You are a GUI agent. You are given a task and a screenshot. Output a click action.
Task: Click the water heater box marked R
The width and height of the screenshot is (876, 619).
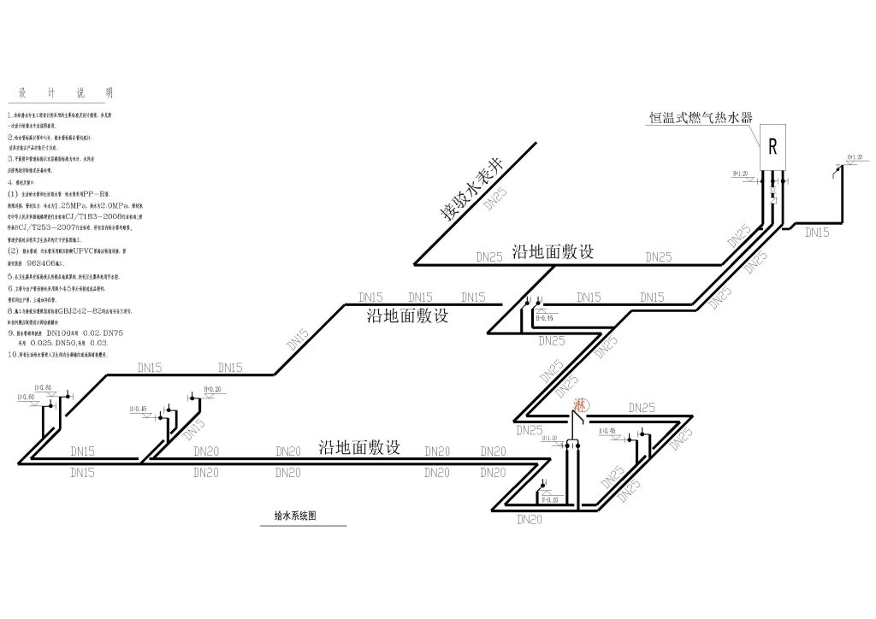coord(772,147)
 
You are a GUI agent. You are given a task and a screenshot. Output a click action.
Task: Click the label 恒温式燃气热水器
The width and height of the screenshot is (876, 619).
coord(700,118)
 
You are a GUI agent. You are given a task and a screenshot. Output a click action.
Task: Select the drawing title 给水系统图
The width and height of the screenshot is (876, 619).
coord(294,516)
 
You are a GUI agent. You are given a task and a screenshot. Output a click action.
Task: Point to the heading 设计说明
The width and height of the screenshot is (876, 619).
coord(59,93)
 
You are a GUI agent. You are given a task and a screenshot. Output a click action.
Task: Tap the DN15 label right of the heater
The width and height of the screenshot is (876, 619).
coord(818,232)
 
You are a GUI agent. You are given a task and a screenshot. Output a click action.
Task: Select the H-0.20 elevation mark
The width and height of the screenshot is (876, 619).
coord(548,499)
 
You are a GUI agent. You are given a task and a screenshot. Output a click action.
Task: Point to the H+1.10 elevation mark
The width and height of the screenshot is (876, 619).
coord(548,438)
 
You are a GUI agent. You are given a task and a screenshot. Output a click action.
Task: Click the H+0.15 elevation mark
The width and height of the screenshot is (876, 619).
coord(543,317)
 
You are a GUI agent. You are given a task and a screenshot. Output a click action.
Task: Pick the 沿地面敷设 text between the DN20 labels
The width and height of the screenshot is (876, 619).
coord(359,447)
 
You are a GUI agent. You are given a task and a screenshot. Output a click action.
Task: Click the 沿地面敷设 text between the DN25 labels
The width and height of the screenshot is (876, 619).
coord(553,252)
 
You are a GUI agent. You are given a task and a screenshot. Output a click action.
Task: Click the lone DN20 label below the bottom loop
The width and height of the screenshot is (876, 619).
coord(530,518)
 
